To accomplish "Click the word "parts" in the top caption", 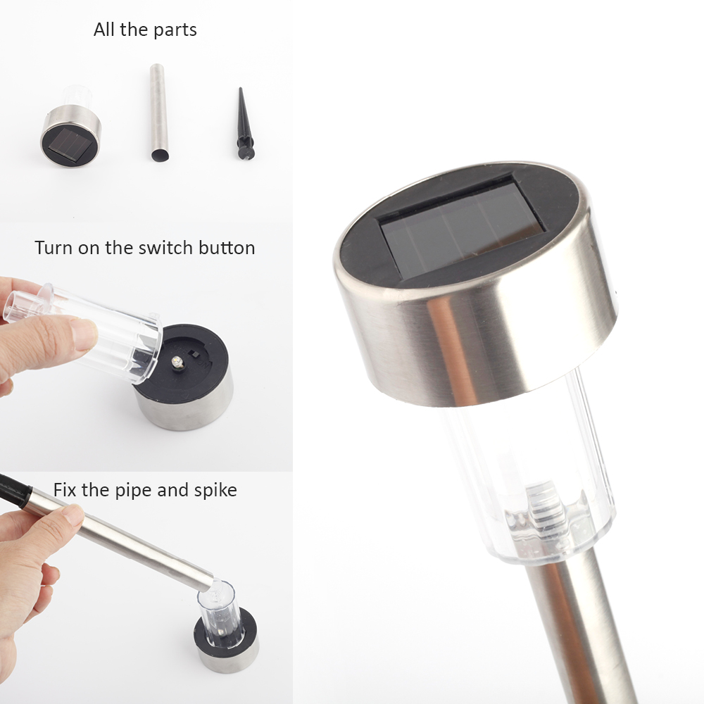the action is coord(175,30).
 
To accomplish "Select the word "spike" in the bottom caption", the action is coord(215,490).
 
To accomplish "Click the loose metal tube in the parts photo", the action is coord(158,113).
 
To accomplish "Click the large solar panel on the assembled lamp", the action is coord(463,227).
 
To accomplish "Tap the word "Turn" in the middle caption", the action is coord(53,248).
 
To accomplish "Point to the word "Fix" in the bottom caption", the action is coord(65,490).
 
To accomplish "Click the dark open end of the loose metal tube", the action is coord(160,156).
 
